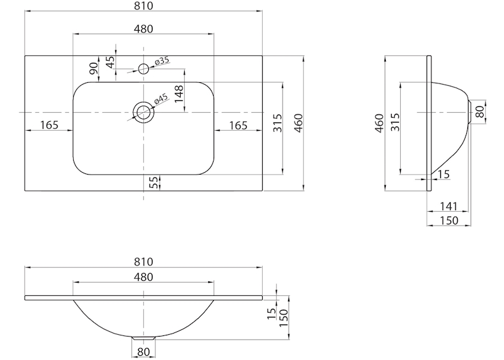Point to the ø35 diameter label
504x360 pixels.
point(161,61)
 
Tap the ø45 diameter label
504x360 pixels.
point(161,98)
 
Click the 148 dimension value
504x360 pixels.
point(179,94)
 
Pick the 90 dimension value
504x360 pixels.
point(94,68)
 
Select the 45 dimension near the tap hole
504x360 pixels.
point(110,62)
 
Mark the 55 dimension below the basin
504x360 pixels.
point(154,182)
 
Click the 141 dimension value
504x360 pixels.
point(448,206)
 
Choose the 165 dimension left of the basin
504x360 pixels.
point(49,125)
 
